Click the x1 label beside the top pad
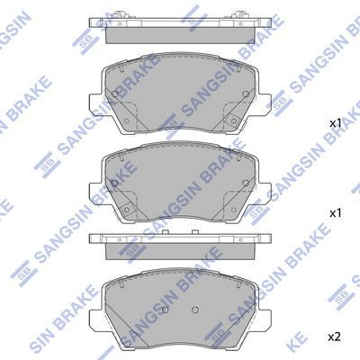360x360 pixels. [336, 123]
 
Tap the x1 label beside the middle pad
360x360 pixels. [336, 213]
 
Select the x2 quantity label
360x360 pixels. [335, 337]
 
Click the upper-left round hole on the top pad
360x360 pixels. [115, 94]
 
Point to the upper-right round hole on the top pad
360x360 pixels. [246, 94]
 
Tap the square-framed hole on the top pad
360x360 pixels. [233, 121]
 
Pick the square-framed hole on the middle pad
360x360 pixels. [126, 210]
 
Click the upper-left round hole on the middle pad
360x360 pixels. [114, 183]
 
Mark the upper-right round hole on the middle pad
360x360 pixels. [246, 183]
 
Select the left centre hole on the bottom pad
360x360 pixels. [165, 310]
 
